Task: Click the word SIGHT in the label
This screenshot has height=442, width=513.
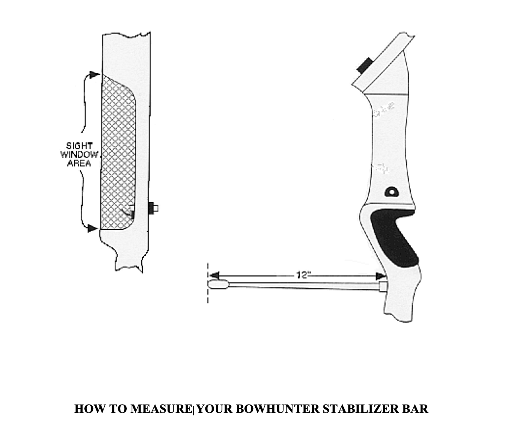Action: [x=80, y=147]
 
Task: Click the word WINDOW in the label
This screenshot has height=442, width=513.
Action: [x=80, y=155]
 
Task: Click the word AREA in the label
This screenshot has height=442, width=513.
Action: [x=79, y=163]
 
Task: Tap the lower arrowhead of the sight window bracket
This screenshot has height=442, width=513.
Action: [x=93, y=228]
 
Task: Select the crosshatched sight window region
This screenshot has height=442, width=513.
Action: [x=118, y=154]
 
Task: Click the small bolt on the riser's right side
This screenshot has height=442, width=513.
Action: [x=153, y=208]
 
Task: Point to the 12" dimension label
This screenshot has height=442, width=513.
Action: [x=303, y=275]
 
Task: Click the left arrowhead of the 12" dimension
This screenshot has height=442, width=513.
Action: [x=214, y=276]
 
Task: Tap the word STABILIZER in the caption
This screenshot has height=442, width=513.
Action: [x=360, y=409]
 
